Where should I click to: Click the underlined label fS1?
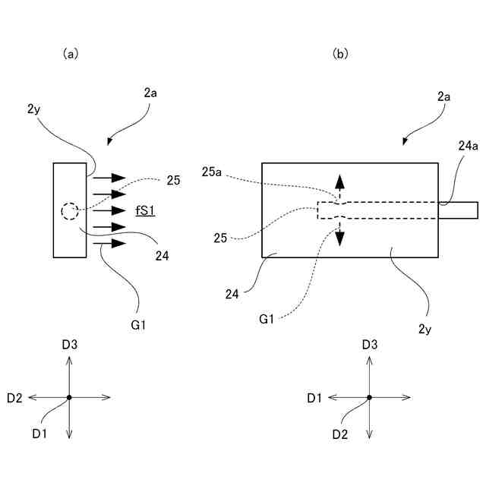(x=145, y=211)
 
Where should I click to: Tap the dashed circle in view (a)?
(x=69, y=204)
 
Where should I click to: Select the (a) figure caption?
(x=71, y=54)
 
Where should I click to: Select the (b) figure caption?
(x=340, y=54)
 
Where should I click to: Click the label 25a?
(x=211, y=172)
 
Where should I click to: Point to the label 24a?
(x=468, y=146)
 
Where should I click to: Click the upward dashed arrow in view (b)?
(x=339, y=188)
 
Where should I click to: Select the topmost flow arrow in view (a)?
(x=109, y=178)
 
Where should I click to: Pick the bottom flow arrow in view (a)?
(x=109, y=243)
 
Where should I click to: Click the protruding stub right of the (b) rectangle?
(x=458, y=210)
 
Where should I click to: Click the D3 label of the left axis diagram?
(x=69, y=345)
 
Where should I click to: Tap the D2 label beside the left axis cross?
(x=14, y=398)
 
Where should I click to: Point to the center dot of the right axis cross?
(x=369, y=397)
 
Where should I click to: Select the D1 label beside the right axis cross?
(x=314, y=398)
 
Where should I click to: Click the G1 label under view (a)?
(x=138, y=325)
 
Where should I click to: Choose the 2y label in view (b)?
(x=424, y=329)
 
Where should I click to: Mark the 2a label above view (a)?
(x=150, y=93)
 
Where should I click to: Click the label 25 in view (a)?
(x=173, y=181)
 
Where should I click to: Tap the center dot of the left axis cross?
(x=69, y=397)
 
